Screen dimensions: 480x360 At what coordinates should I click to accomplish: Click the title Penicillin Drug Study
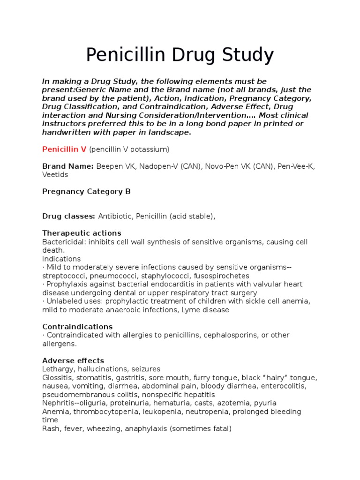click(180, 55)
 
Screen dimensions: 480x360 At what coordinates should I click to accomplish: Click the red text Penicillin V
click(64, 149)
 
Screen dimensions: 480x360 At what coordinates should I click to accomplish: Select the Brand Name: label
click(67, 166)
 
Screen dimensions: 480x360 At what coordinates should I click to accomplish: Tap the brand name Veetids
click(55, 174)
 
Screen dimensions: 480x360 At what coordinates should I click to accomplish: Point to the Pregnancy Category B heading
click(86, 191)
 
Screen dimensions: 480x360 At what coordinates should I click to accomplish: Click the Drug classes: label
click(68, 216)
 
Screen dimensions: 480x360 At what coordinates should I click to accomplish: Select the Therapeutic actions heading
click(82, 233)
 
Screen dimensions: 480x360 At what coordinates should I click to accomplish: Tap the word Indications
click(61, 259)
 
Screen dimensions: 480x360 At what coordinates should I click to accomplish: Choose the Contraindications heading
click(77, 326)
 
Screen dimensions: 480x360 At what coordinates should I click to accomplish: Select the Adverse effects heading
click(73, 360)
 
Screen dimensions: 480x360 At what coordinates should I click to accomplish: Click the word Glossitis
click(57, 377)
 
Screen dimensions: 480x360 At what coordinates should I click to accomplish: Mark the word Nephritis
click(57, 403)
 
